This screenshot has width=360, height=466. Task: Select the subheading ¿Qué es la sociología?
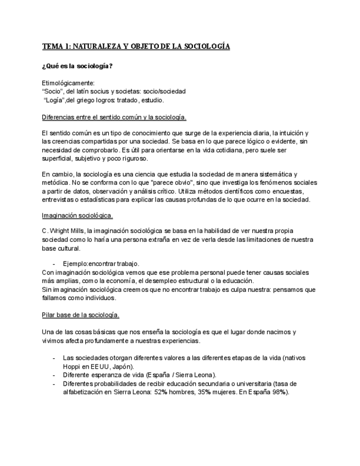pyautogui.click(x=77, y=66)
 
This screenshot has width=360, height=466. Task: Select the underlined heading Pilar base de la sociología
pyautogui.click(x=80, y=315)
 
